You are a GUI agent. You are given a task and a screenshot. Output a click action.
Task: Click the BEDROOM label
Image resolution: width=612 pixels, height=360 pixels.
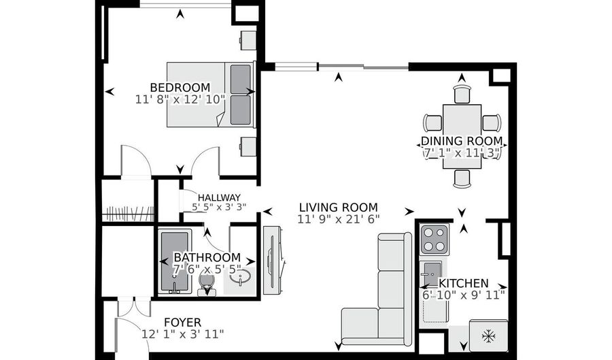coord(180,87)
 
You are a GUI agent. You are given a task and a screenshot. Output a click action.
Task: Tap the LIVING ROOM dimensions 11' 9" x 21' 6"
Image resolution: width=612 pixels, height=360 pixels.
coord(339,219)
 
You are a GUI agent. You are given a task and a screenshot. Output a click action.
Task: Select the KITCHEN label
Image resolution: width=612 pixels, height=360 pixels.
coord(463,283)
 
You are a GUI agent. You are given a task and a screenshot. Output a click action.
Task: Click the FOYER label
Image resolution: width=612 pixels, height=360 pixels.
coord(183,323)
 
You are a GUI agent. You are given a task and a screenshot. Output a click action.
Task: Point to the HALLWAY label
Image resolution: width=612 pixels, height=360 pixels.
coord(219,197)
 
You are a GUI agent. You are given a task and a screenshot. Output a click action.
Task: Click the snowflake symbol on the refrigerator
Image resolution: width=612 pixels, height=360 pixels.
coord(489,336)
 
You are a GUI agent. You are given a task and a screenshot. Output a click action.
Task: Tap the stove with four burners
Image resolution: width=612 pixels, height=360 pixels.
coord(435,240)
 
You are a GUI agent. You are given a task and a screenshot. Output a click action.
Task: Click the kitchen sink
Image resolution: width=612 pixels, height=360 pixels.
coord(432,274)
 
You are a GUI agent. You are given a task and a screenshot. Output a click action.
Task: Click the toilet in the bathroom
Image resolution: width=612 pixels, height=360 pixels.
coord(207,284)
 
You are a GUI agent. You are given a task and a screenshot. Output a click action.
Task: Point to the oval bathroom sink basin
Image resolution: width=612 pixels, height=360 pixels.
coord(240,278)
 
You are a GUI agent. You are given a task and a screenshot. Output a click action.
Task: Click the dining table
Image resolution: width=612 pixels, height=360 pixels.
coord(462,136)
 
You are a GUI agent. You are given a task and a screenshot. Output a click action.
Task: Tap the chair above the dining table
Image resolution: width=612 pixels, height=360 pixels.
coord(462,94)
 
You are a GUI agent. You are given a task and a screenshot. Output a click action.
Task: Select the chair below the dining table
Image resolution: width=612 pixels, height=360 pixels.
coord(462,179)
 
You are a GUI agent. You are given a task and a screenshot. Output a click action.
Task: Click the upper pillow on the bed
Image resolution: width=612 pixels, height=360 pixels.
coord(241,79)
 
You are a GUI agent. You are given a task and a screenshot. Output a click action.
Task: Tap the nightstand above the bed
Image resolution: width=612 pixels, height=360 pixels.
coord(248,40)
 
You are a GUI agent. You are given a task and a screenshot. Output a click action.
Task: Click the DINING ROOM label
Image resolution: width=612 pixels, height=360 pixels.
coord(462,141)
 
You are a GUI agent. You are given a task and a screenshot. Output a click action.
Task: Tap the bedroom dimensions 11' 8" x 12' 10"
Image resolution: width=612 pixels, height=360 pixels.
coord(180,99)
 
